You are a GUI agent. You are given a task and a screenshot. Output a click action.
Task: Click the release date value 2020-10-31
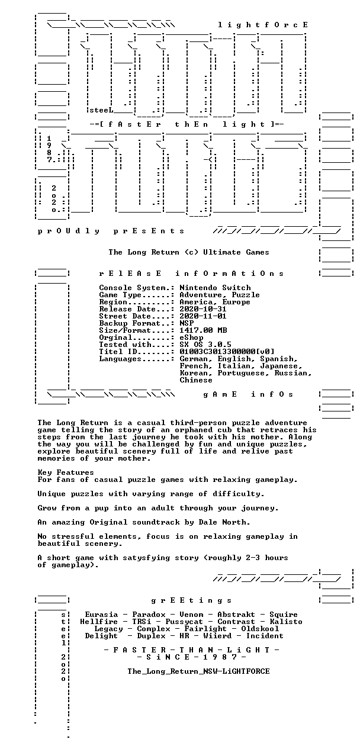(203, 309)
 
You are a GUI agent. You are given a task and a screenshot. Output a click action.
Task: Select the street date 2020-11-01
(203, 316)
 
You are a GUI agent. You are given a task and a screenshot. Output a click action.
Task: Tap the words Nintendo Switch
(215, 288)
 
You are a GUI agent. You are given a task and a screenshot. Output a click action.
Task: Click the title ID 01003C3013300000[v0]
(227, 352)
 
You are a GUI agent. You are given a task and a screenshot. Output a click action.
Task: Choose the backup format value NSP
(187, 323)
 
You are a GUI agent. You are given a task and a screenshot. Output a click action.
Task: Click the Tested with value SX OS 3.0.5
(205, 345)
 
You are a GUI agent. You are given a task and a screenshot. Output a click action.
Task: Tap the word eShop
(191, 337)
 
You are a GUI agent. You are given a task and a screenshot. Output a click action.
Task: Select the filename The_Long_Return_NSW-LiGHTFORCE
(198, 671)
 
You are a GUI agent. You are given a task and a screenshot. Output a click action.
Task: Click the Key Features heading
(66, 472)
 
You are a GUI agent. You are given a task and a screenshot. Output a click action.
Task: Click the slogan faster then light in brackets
(187, 124)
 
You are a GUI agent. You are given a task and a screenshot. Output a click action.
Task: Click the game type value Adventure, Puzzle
(220, 295)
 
